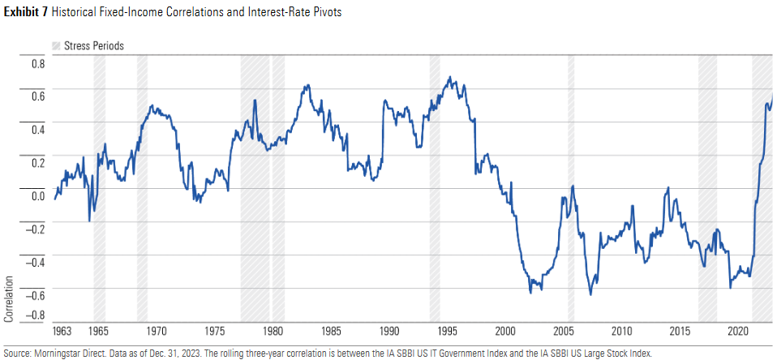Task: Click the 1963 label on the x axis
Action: [62, 331]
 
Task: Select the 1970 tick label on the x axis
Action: [157, 331]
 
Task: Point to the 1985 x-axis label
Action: [330, 331]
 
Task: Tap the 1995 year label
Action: [446, 331]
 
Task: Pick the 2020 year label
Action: [738, 331]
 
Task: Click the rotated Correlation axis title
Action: [10, 298]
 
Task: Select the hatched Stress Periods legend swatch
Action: [57, 45]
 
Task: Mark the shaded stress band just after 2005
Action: [571, 186]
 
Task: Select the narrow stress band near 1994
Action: [435, 186]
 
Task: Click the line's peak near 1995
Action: [450, 78]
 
